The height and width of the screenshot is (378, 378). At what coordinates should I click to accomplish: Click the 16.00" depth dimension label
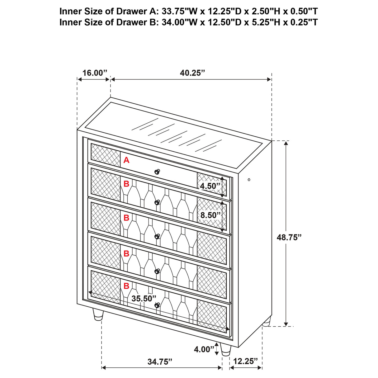tap(94, 73)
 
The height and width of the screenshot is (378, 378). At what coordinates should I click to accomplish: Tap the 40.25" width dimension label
tap(192, 73)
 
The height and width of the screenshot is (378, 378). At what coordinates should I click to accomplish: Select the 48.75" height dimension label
tap(289, 238)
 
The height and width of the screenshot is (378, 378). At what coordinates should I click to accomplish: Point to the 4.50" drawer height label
tap(210, 186)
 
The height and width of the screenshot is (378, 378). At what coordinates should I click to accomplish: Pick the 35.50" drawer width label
tap(144, 299)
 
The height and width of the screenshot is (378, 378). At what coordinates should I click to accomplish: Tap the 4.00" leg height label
tap(202, 349)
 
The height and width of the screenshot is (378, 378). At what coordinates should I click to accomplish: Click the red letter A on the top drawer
tap(126, 160)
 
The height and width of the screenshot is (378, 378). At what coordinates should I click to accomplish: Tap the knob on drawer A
tap(157, 171)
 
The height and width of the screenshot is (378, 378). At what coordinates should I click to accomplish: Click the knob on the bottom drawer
tap(157, 305)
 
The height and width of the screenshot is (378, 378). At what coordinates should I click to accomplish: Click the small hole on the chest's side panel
tap(249, 180)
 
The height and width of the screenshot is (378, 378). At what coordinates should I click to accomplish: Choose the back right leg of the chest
tap(267, 322)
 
